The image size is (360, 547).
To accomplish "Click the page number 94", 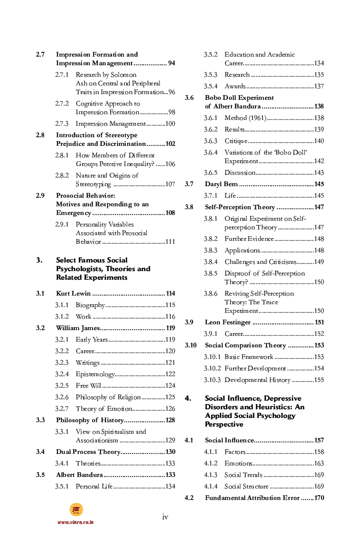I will click(x=171, y=63).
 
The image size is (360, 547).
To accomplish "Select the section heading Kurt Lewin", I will click(x=73, y=294).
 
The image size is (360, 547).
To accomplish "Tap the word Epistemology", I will click(x=95, y=374).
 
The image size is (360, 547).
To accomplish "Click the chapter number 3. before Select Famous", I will click(x=39, y=260).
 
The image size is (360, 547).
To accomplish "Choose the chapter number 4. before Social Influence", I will click(x=188, y=398).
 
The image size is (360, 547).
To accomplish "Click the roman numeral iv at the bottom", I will click(x=165, y=517).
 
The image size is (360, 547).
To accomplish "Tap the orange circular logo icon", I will click(x=76, y=510).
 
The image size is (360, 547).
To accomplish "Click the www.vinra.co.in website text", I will click(x=76, y=522).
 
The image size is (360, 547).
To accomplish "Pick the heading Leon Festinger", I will click(x=228, y=322).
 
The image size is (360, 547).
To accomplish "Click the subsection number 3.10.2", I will click(x=212, y=369).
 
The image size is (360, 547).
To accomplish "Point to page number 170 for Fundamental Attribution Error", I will click(x=319, y=498).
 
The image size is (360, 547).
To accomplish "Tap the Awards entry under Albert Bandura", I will click(x=235, y=86).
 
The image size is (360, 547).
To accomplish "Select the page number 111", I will click(x=170, y=242).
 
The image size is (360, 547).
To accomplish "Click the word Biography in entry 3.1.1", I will click(x=90, y=305).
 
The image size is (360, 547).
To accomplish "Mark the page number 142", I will click(x=319, y=161).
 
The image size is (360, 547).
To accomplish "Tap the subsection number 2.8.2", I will click(x=61, y=176).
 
